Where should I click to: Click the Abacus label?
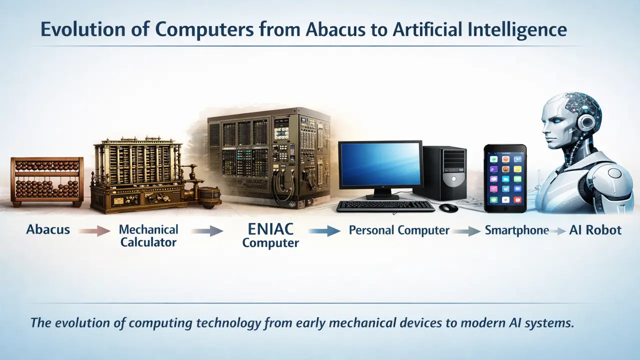(x=48, y=230)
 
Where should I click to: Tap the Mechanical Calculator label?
(x=148, y=236)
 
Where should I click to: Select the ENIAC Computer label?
(x=270, y=235)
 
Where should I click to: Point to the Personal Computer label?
(x=399, y=230)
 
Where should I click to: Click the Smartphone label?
(x=516, y=230)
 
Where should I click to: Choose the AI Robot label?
(x=595, y=230)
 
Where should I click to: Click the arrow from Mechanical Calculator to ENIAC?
(x=206, y=231)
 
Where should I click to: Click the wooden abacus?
(x=47, y=181)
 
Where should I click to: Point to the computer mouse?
(x=448, y=207)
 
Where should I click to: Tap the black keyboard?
(x=385, y=205)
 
